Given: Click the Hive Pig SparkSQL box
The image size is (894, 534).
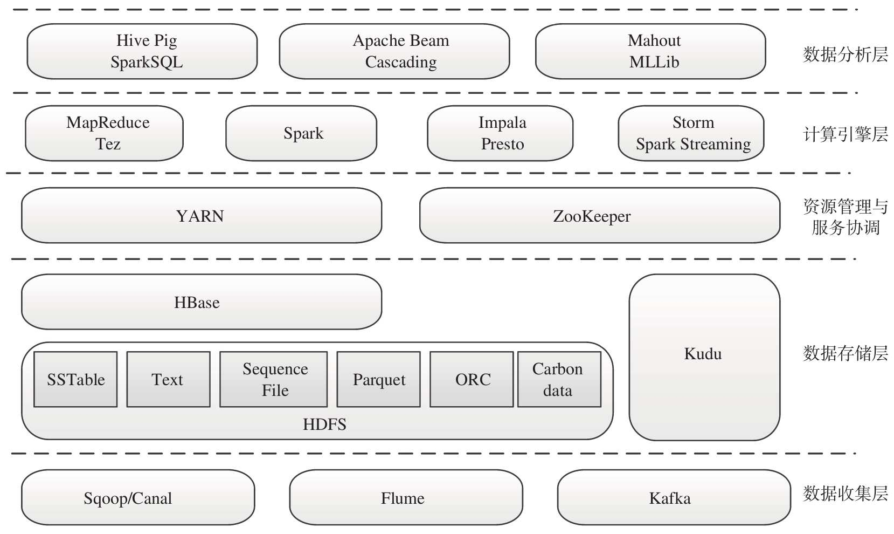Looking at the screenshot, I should [x=142, y=51].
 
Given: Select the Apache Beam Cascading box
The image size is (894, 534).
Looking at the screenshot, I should [x=394, y=51].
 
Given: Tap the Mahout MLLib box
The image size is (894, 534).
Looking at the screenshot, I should [x=650, y=51].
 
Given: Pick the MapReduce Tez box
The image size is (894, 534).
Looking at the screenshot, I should [x=105, y=133].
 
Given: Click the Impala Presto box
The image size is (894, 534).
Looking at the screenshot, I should [x=500, y=133].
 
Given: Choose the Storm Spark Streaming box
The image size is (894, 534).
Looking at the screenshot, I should [x=691, y=133].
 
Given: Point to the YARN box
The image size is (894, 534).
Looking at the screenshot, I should [x=202, y=216].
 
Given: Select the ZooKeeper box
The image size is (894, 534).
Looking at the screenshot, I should [x=599, y=216].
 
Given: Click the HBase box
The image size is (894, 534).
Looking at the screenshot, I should [x=202, y=302].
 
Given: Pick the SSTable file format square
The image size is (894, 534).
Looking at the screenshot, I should [x=75, y=379].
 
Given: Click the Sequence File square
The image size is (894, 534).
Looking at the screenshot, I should [x=274, y=379].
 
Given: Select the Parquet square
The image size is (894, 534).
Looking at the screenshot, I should [x=378, y=379].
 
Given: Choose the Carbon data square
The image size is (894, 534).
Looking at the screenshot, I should [x=559, y=379].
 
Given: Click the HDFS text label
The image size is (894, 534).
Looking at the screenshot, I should [x=324, y=425].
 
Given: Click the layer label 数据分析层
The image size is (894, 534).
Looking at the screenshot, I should [x=845, y=54].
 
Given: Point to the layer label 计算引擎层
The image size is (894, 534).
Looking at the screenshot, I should [x=845, y=134].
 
